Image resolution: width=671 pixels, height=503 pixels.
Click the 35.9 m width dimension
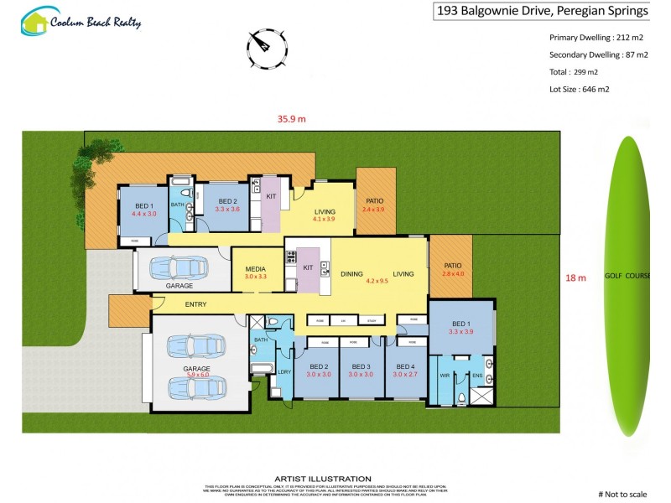click(x=292, y=119)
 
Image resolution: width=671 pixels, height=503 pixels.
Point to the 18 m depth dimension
click(x=576, y=277)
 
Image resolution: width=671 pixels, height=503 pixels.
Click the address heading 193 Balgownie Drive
click(x=542, y=11)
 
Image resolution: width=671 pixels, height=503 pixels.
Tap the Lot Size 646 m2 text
click(x=580, y=89)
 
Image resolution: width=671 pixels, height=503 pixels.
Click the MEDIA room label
click(x=255, y=267)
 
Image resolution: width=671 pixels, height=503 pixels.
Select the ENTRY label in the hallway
click(x=195, y=304)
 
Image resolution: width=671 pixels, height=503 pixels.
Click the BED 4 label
click(x=405, y=366)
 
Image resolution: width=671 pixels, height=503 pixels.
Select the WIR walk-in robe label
click(x=445, y=375)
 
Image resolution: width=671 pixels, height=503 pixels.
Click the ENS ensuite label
click(x=476, y=375)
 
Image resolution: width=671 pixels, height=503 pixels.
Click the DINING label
click(x=351, y=273)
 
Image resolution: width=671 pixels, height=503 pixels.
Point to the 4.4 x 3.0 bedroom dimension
click(x=144, y=214)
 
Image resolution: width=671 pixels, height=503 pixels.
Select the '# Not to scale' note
click(x=623, y=494)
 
